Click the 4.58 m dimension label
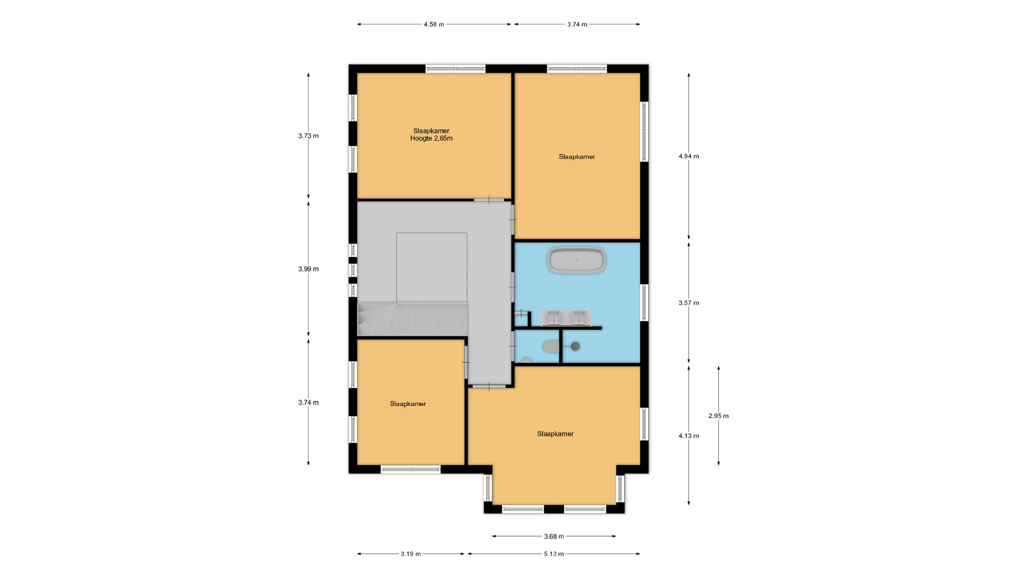[x=434, y=24]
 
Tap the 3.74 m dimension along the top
[x=577, y=24]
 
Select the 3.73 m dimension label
[x=308, y=136]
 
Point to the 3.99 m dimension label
[x=308, y=269]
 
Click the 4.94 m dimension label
[x=689, y=156]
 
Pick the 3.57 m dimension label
[x=689, y=303]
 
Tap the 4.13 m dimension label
[x=689, y=436]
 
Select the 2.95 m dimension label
[x=718, y=416]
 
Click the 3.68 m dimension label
[x=554, y=536]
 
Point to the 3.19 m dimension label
[x=411, y=554]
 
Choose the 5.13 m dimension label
[x=554, y=554]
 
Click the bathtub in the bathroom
[x=577, y=261]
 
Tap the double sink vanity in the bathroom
[x=566, y=318]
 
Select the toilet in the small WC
[x=550, y=347]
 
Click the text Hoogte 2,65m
[x=431, y=139]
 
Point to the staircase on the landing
[x=412, y=319]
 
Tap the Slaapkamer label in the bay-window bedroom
[x=555, y=434]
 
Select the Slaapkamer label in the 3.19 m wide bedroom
[x=408, y=404]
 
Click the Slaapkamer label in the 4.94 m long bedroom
[x=577, y=157]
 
